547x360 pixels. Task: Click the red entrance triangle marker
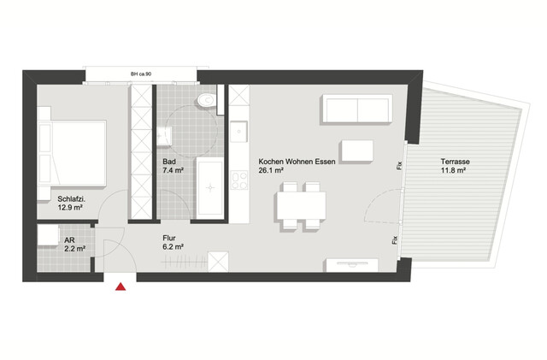pyautogui.click(x=121, y=287)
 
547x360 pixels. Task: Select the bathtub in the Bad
pyautogui.click(x=210, y=187)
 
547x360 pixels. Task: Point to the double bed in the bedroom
pyautogui.click(x=72, y=151)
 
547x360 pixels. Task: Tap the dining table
pyautogui.click(x=300, y=206)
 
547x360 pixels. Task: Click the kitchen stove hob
pyautogui.click(x=238, y=181)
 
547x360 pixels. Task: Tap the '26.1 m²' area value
pyautogui.click(x=272, y=170)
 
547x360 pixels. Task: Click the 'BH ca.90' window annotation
pyautogui.click(x=141, y=75)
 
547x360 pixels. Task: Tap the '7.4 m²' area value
pyautogui.click(x=174, y=170)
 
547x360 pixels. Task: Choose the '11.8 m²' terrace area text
pyautogui.click(x=453, y=171)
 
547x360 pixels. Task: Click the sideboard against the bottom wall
pyautogui.click(x=351, y=265)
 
